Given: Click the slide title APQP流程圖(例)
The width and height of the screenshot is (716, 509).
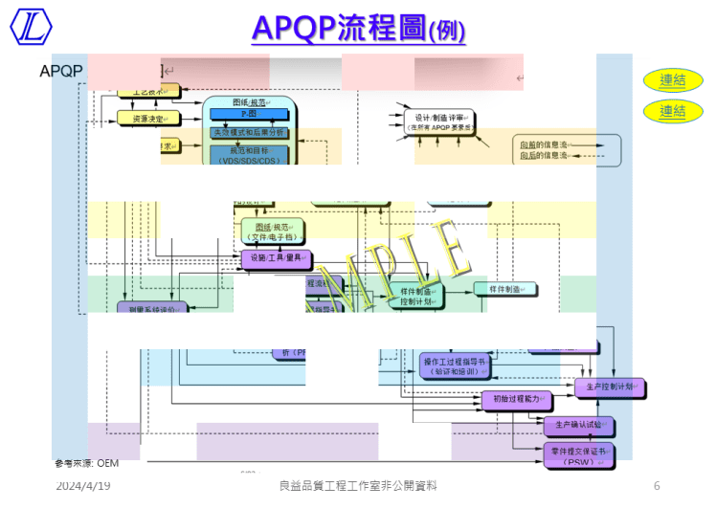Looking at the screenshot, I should (x=358, y=29).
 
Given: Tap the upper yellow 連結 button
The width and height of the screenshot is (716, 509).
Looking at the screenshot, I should (x=673, y=80).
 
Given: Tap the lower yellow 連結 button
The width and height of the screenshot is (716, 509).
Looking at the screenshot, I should (x=673, y=111).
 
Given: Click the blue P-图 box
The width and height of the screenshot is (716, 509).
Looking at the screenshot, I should (x=248, y=114).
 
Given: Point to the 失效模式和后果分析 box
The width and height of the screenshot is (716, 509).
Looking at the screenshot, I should (x=248, y=132).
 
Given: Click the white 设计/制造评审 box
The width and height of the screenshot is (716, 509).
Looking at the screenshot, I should (x=427, y=122).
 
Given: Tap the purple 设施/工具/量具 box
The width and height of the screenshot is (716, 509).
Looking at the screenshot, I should (x=277, y=258).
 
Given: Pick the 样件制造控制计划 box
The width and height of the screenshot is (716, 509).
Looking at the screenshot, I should (x=416, y=296).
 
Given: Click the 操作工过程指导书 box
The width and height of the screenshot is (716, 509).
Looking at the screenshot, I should (x=456, y=366).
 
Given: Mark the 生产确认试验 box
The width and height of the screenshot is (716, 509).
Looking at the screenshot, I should (x=578, y=424).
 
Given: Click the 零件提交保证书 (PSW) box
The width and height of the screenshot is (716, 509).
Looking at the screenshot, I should (x=578, y=454).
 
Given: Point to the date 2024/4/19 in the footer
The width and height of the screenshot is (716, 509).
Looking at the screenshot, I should (x=82, y=486).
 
